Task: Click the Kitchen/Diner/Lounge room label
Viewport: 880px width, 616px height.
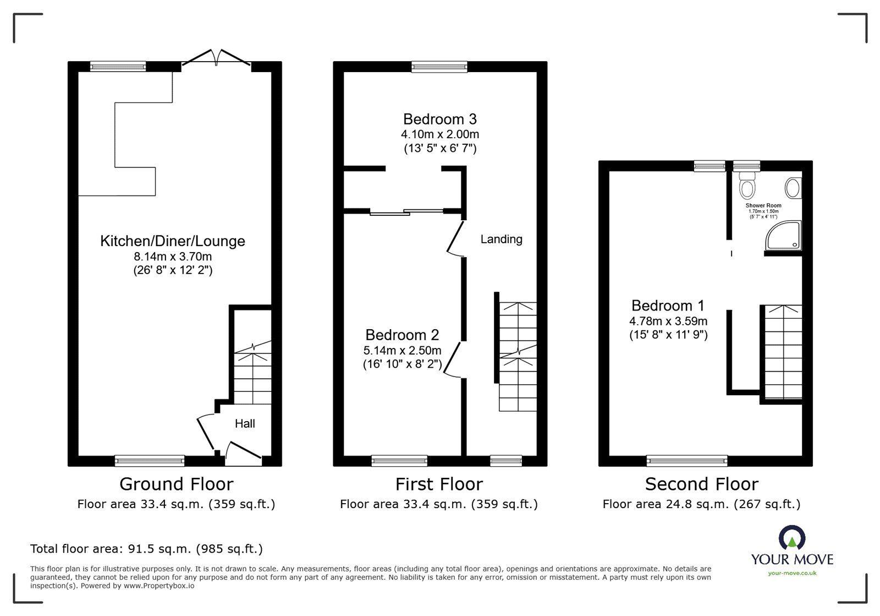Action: click(173, 241)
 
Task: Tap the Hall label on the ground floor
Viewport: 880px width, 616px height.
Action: click(245, 424)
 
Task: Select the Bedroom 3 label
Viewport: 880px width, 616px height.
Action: click(439, 119)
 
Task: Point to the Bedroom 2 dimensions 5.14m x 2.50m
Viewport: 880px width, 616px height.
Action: click(402, 350)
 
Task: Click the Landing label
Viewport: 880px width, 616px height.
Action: click(501, 239)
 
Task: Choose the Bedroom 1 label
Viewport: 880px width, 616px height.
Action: click(668, 306)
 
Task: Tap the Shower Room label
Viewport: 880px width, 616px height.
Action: click(763, 206)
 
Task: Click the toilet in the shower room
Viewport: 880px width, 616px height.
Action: click(746, 186)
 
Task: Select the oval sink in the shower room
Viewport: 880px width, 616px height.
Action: click(793, 188)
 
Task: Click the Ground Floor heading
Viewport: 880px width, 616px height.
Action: click(176, 484)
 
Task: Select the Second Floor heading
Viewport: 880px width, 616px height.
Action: click(701, 484)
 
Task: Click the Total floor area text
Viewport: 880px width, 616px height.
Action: click(146, 549)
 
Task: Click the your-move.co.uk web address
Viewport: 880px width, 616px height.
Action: click(792, 573)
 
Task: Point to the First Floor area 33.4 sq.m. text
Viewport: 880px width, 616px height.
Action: click(438, 504)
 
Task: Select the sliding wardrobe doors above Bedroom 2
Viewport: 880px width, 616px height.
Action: click(407, 212)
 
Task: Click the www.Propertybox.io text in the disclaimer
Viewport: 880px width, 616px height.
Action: click(159, 586)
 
